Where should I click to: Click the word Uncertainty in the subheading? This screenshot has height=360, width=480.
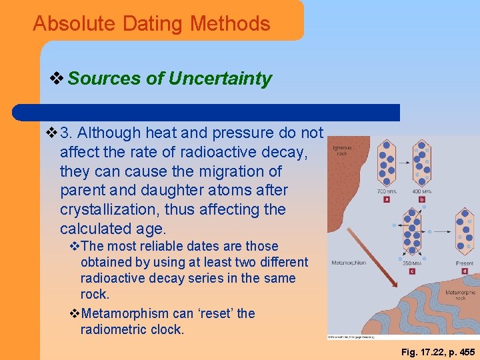pyautogui.click(x=220, y=79)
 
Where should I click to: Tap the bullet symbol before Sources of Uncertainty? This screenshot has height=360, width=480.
pyautogui.click(x=58, y=79)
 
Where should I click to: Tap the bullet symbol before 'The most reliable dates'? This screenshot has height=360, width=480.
pyautogui.click(x=74, y=247)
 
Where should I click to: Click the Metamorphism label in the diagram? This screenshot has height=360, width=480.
pyautogui.click(x=349, y=263)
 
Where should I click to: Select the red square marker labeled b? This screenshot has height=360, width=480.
pyautogui.click(x=422, y=199)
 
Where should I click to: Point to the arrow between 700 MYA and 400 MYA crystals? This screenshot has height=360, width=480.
pyautogui.click(x=403, y=162)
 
